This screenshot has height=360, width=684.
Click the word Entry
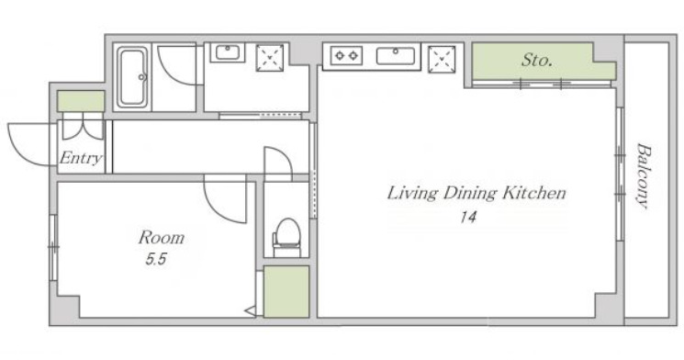81,158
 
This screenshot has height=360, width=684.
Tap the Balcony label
642,175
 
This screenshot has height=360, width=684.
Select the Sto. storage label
537,60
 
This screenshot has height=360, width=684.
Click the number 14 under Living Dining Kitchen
467,217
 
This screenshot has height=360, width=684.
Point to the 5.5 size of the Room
156,260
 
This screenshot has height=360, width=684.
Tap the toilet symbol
287,237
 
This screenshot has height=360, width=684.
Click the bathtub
132,78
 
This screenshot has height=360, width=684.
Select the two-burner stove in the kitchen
346,56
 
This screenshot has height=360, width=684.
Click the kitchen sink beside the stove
395,56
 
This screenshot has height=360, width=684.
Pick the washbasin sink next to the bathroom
228,52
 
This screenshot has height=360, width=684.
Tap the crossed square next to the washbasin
270,58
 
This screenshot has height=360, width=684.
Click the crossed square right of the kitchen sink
442,59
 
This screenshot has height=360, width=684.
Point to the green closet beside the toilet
286,291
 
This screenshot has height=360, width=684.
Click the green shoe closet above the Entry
81,101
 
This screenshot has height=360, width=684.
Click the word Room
162,238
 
